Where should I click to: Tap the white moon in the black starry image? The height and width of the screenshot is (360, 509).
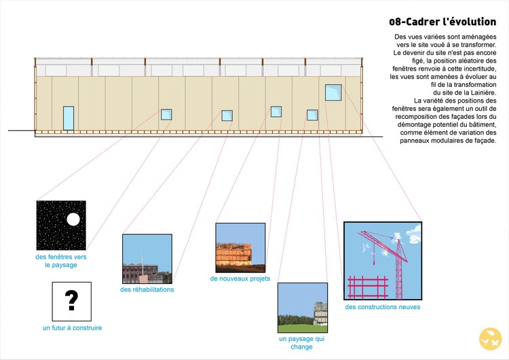[x=73, y=219]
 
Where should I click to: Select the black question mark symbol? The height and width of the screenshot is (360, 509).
[x=71, y=299]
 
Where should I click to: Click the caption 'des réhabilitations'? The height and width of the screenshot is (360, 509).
[x=147, y=289]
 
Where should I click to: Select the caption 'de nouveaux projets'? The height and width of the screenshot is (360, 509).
[x=240, y=278]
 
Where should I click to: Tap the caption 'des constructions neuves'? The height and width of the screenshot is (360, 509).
[x=382, y=307]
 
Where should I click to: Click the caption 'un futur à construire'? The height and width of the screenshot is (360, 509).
[x=72, y=328]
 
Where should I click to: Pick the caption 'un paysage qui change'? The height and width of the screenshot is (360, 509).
[x=302, y=342]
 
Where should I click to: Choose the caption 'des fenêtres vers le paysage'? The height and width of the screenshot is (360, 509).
[x=61, y=261]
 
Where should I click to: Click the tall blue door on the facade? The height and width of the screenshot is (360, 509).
[x=69, y=118]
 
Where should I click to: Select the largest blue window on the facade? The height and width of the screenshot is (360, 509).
[x=333, y=92]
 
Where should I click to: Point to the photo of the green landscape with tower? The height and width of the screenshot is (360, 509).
[x=302, y=307]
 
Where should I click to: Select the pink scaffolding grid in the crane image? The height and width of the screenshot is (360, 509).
[x=367, y=287]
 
